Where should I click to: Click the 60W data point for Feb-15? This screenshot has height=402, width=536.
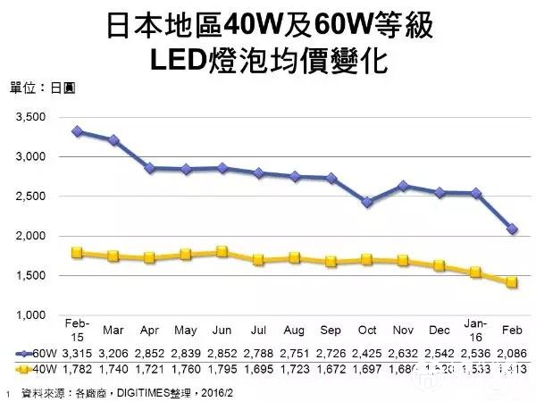79,131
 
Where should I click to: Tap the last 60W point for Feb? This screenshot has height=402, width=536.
512,229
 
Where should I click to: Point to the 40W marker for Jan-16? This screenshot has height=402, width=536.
476,272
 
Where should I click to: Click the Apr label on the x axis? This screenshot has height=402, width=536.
151,328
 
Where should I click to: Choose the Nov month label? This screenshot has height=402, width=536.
403,328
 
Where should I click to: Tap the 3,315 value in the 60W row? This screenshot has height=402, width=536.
79,353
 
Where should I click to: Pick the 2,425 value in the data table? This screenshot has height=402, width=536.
367,353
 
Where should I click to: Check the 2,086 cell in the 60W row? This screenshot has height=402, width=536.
512,353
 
